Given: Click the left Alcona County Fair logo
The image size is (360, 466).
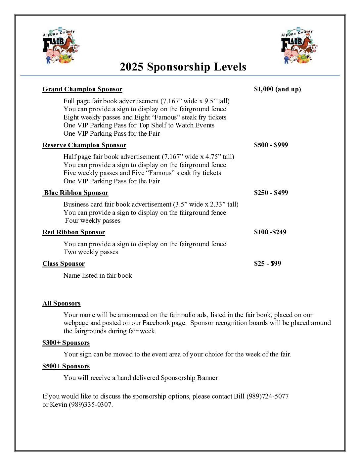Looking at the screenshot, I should pyautogui.click(x=61, y=46).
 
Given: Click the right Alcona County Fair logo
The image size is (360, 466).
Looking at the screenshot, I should pyautogui.click(x=299, y=46).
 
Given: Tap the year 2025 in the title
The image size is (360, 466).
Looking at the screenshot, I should pyautogui.click(x=131, y=67).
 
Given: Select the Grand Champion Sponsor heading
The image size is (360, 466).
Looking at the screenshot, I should pyautogui.click(x=82, y=89).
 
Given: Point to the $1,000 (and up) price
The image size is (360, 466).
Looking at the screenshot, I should pyautogui.click(x=277, y=89).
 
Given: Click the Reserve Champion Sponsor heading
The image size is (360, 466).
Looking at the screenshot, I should pyautogui.click(x=84, y=145).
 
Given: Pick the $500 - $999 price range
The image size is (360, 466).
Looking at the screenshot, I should pyautogui.click(x=271, y=145).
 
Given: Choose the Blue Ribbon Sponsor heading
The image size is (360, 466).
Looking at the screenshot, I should pyautogui.click(x=76, y=193).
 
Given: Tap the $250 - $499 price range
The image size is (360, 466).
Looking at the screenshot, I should pyautogui.click(x=271, y=193).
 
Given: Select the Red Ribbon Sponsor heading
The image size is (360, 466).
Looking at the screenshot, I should pyautogui.click(x=74, y=232).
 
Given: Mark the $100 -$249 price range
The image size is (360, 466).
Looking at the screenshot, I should pyautogui.click(x=270, y=232).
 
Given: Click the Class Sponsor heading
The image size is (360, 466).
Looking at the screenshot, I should pyautogui.click(x=64, y=264).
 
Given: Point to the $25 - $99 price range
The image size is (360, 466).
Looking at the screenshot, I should pyautogui.click(x=267, y=263).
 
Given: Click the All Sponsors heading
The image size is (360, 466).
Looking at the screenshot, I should pyautogui.click(x=62, y=303).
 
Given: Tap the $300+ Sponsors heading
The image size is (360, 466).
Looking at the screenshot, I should pyautogui.click(x=66, y=343).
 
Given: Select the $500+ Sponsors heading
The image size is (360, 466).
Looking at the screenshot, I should pyautogui.click(x=66, y=366).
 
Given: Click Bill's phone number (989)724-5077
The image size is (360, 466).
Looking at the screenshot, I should pyautogui.click(x=267, y=396).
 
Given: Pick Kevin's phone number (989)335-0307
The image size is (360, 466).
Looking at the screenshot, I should pyautogui.click(x=90, y=405).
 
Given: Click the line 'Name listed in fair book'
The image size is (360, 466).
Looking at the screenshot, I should pyautogui.click(x=98, y=276).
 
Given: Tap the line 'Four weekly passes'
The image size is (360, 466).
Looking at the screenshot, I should pyautogui.click(x=93, y=221).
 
